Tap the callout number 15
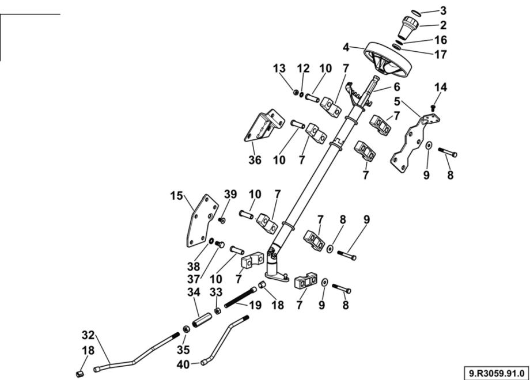[176, 196]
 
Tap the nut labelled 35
[187, 329]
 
